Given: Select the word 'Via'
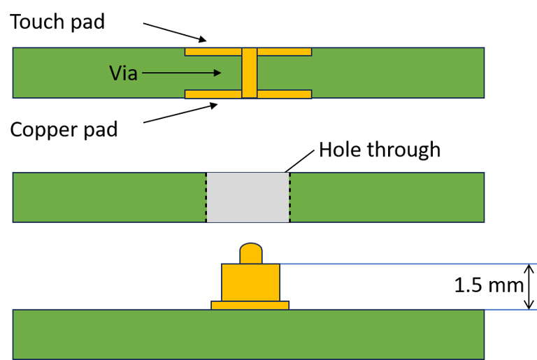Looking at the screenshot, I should (123, 72).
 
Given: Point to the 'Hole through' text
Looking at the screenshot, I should (380, 150).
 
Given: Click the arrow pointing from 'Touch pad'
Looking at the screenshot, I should (175, 31).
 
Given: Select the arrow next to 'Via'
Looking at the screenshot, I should (182, 72).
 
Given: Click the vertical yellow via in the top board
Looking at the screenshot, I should (250, 73).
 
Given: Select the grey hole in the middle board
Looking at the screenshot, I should (248, 198).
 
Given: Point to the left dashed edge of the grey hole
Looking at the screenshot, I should (206, 198).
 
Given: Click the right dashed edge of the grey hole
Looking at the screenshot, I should (289, 198).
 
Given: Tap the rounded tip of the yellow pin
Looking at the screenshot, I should (250, 252).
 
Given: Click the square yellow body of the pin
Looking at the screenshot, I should (250, 282).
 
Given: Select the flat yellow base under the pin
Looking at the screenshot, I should (250, 305).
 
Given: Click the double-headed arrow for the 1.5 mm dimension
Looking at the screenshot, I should (529, 287).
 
